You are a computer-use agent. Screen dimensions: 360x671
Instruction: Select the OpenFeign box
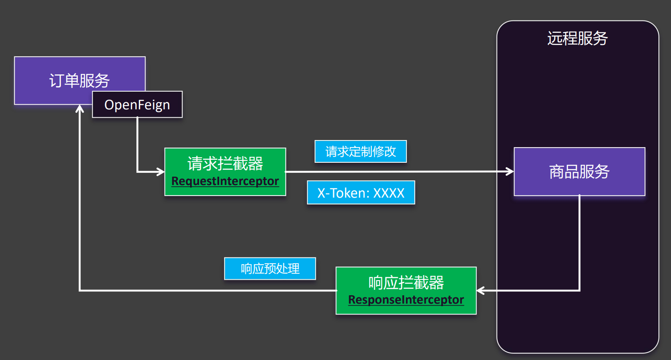tap(137, 105)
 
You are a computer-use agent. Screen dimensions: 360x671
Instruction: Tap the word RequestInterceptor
tap(225, 181)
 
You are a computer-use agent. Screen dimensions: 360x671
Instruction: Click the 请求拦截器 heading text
tap(225, 164)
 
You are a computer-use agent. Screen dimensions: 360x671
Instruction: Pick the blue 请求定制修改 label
tap(361, 151)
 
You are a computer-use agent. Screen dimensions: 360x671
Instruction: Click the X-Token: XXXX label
tap(361, 193)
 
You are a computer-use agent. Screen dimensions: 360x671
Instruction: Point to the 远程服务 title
tap(577, 38)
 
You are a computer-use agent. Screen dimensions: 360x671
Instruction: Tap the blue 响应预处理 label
tap(270, 268)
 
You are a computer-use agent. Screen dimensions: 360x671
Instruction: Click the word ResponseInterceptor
tap(406, 300)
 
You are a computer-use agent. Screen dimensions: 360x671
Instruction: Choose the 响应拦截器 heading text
tap(406, 283)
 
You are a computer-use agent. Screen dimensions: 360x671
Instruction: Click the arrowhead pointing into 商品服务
tap(510, 172)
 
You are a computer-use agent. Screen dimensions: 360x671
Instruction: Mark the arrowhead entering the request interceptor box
tap(161, 172)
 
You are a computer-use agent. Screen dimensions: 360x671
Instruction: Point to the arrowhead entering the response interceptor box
tap(480, 290)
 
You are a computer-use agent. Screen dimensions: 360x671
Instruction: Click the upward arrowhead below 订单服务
tap(80, 109)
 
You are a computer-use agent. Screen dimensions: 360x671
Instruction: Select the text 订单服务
tap(80, 80)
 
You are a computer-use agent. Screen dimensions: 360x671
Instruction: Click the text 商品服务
tap(579, 172)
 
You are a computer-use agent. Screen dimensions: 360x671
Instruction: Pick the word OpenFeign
tap(137, 105)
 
